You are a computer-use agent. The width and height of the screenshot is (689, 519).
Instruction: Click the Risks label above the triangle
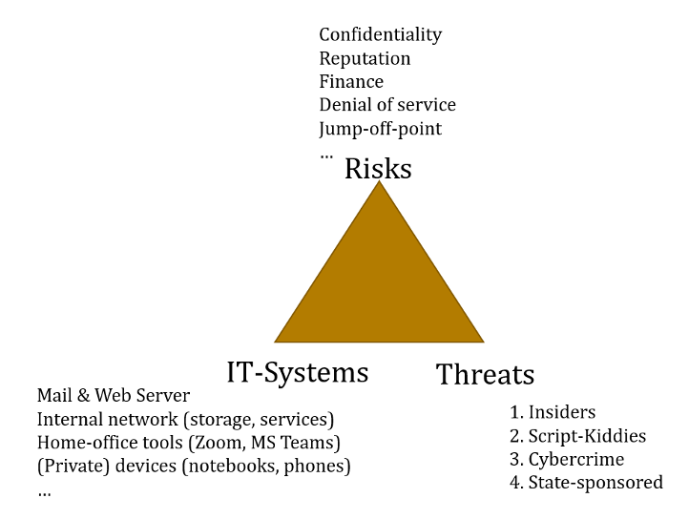click(378, 169)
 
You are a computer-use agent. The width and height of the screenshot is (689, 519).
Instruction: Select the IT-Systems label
click(297, 371)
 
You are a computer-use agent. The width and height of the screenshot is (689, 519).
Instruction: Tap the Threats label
click(485, 374)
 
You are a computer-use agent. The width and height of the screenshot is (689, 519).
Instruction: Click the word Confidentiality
click(380, 34)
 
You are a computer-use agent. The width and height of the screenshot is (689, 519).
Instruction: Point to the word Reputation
click(365, 58)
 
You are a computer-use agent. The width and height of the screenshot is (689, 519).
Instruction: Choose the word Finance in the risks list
click(351, 82)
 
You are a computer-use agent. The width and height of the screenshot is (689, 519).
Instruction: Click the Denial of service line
click(386, 105)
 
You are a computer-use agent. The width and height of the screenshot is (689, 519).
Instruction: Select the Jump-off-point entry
click(380, 128)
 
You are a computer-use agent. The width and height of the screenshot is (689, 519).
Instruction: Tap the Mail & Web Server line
click(113, 395)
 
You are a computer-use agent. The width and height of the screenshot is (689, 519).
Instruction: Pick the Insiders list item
click(561, 412)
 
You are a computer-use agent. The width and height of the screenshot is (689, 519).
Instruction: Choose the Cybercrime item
click(575, 459)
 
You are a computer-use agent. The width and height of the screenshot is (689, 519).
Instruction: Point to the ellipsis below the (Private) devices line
click(44, 491)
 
